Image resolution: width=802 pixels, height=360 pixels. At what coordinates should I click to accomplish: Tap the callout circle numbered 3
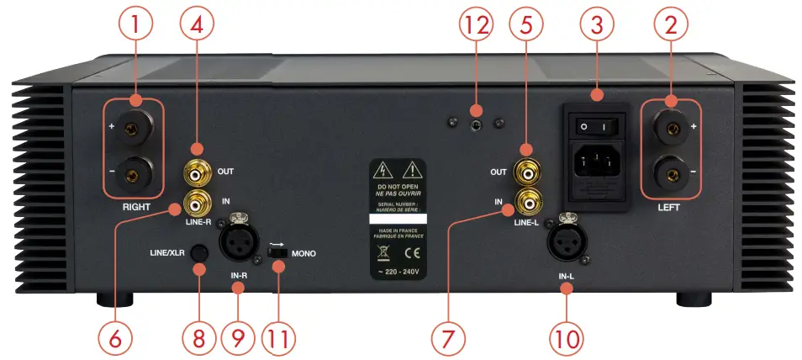596,26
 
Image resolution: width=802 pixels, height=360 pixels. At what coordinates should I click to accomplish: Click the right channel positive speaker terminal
132,130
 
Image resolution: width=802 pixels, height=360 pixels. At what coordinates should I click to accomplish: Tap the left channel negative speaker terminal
670,177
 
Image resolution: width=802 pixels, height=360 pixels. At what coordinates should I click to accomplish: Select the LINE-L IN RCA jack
529,202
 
